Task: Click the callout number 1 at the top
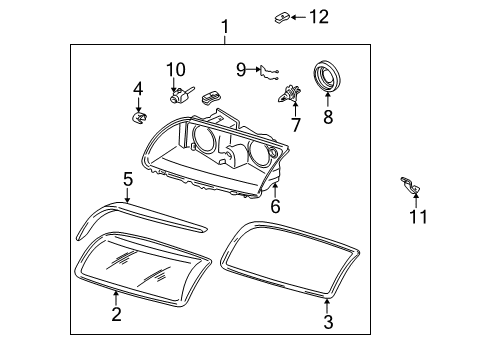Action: pyautogui.click(x=225, y=26)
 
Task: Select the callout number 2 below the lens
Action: pyautogui.click(x=116, y=315)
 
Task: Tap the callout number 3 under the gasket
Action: pyautogui.click(x=327, y=321)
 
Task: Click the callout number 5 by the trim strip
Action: pyautogui.click(x=128, y=179)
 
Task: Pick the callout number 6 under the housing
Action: pyautogui.click(x=275, y=206)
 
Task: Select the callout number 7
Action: pyautogui.click(x=295, y=125)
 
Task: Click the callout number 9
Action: pyautogui.click(x=241, y=68)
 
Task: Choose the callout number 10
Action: pyautogui.click(x=176, y=69)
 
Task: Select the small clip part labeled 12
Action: pyautogui.click(x=283, y=17)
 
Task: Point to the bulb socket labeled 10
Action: pyautogui.click(x=180, y=96)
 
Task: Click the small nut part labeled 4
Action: pyautogui.click(x=139, y=117)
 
